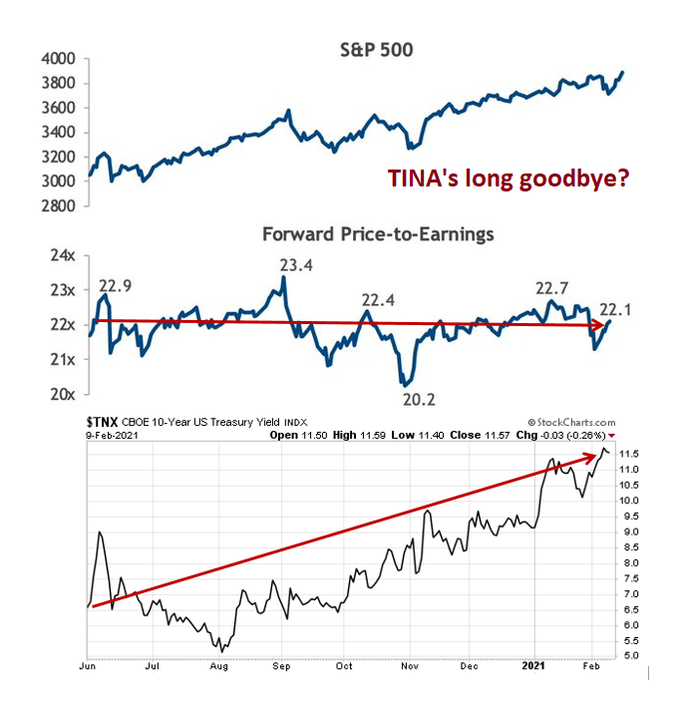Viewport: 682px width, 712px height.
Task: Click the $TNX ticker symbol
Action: click(107, 423)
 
